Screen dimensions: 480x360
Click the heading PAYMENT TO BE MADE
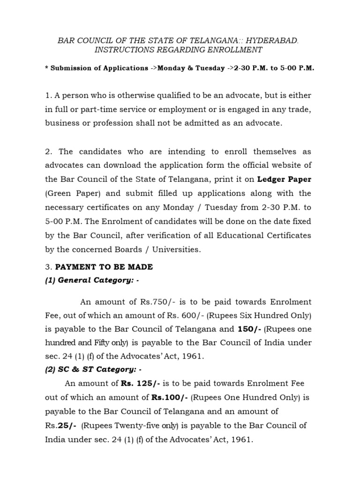click(104, 267)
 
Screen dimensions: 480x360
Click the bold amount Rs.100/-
click(169, 397)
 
